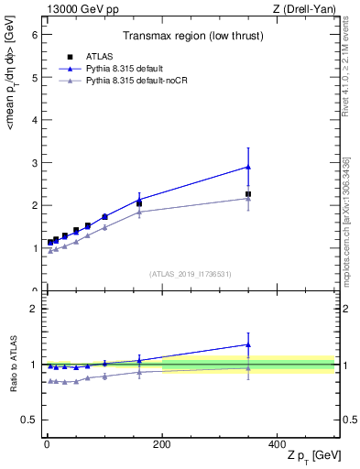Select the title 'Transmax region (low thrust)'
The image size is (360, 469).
coord(190,38)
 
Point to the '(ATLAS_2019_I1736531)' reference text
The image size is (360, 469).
coord(190,274)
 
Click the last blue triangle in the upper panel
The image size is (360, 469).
coord(248,167)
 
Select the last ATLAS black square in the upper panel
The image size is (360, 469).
coord(248,194)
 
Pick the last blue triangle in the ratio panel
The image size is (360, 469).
coord(248,345)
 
